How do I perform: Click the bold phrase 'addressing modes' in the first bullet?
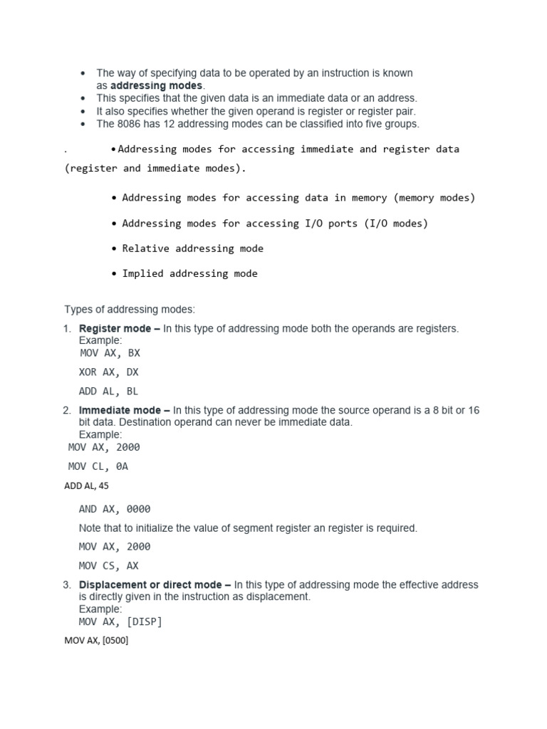[156, 85]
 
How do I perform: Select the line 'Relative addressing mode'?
[192, 248]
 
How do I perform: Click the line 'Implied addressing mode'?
[189, 273]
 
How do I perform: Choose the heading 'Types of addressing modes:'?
[129, 310]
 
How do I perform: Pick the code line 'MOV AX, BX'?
[110, 352]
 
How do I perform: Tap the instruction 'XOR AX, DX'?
[110, 372]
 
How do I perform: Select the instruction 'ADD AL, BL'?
[109, 391]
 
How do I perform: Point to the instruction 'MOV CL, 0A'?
[98, 466]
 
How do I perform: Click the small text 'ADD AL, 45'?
[86, 486]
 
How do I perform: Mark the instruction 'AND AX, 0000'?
[115, 509]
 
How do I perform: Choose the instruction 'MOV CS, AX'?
[109, 566]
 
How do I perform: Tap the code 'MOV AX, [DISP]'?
[120, 622]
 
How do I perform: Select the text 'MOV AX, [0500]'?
[96, 641]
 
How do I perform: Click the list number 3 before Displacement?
[66, 584]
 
